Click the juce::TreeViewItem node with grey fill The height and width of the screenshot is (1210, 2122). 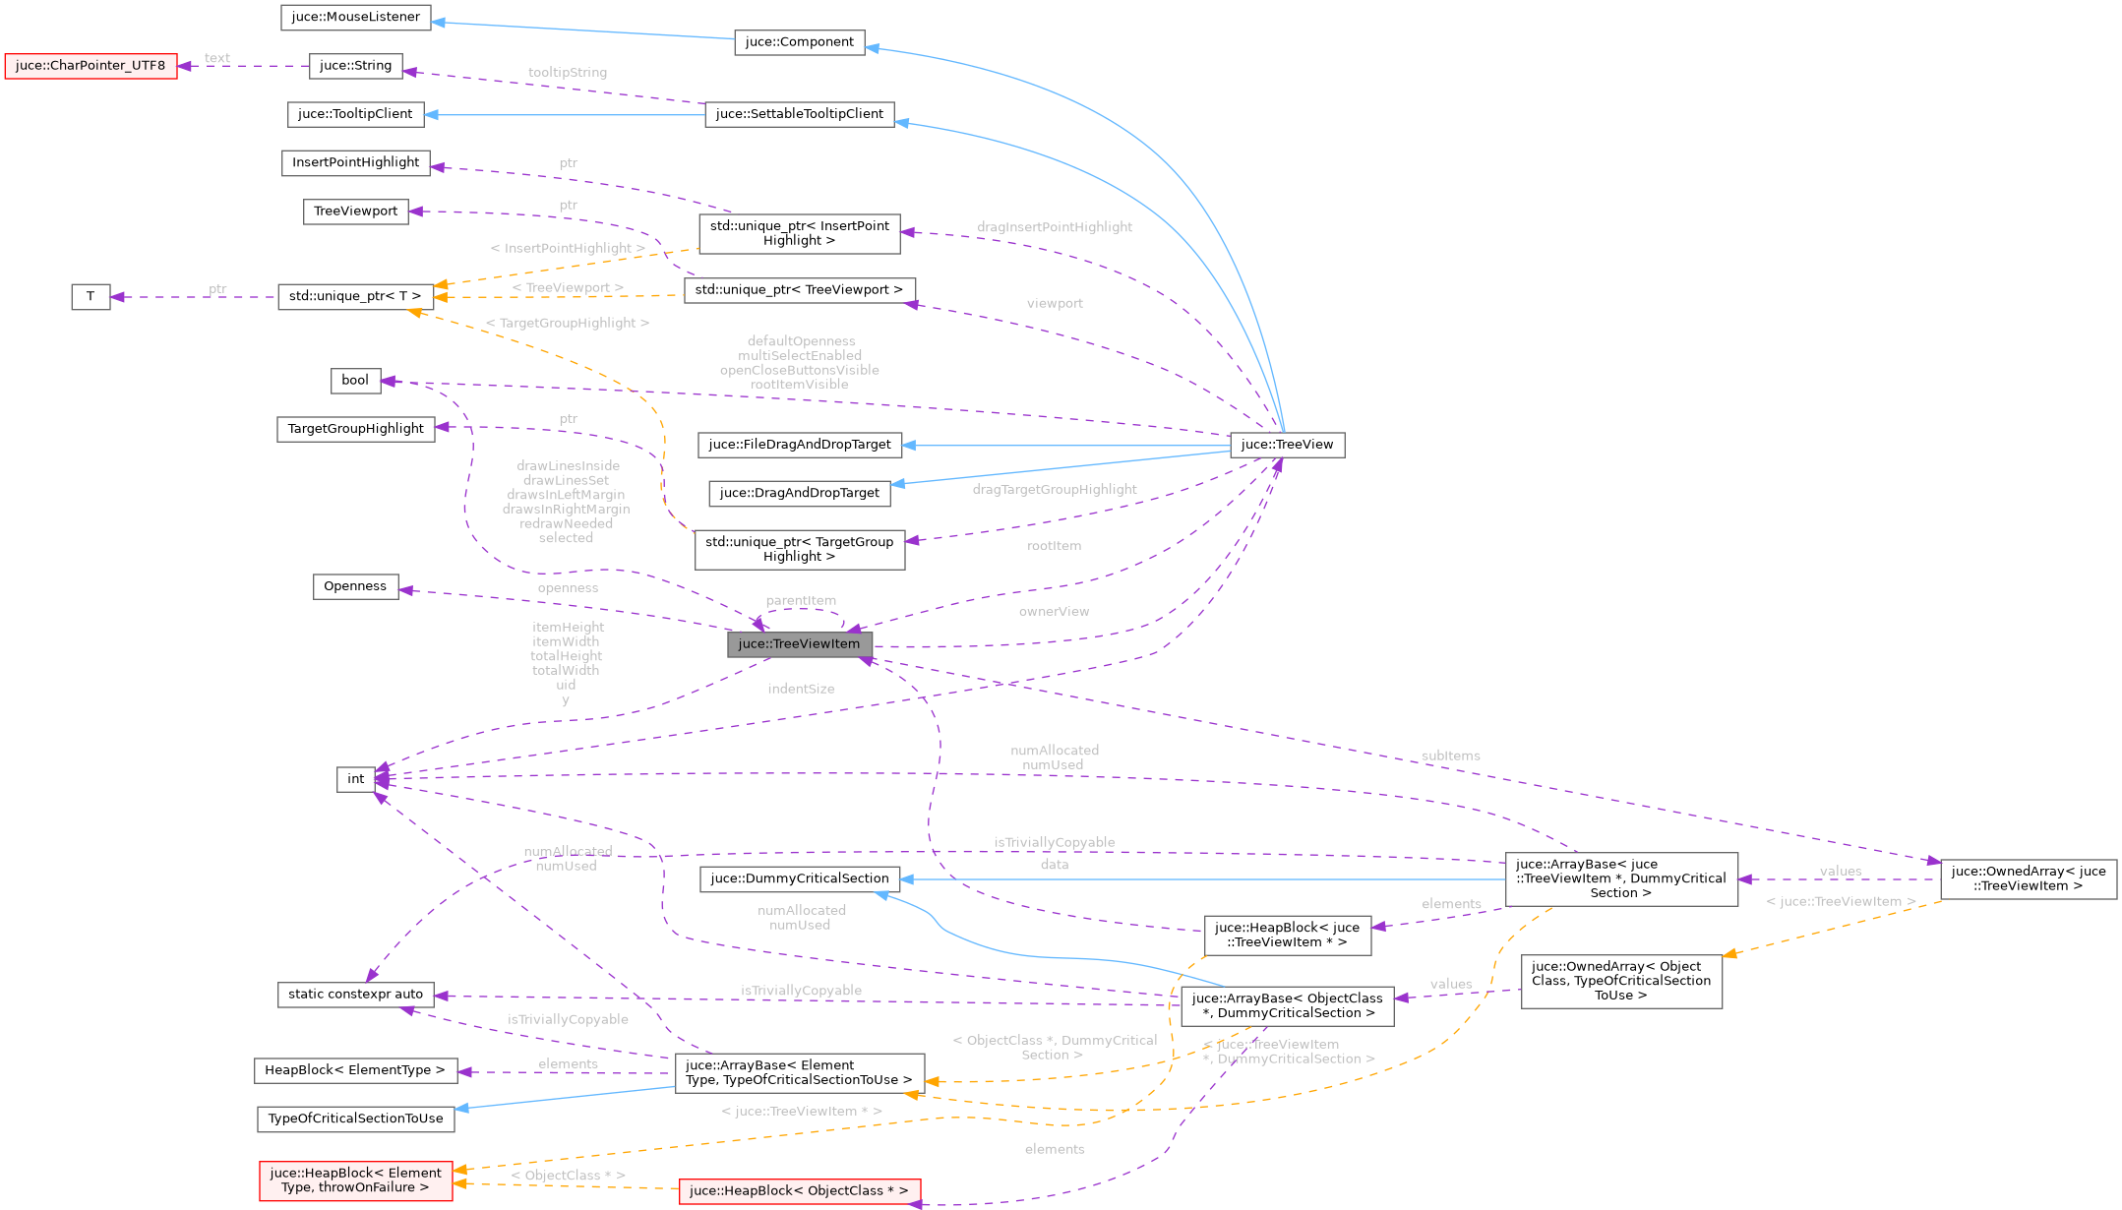799,644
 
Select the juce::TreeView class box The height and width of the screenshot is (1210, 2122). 1287,445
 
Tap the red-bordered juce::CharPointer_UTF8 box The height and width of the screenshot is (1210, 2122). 91,66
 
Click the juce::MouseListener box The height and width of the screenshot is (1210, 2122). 355,17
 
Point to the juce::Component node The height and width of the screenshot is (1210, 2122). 799,42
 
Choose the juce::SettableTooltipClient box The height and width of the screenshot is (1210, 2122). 799,114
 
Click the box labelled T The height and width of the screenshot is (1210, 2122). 91,296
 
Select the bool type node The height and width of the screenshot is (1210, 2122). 355,381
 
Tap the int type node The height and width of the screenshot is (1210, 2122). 355,779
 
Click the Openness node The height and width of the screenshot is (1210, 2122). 355,586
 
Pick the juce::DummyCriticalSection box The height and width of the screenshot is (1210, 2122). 799,878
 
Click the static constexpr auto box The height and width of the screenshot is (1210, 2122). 355,995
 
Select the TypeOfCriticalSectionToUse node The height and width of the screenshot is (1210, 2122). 355,1119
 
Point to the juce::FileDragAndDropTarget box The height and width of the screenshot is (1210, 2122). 799,445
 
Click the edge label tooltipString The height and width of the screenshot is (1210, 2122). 568,73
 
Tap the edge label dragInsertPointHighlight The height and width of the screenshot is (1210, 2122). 1054,227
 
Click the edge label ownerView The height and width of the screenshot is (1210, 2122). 1054,612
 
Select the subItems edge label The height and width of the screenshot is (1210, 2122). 1450,756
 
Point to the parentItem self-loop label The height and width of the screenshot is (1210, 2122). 801,601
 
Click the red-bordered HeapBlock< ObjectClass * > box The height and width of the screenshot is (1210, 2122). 799,1191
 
